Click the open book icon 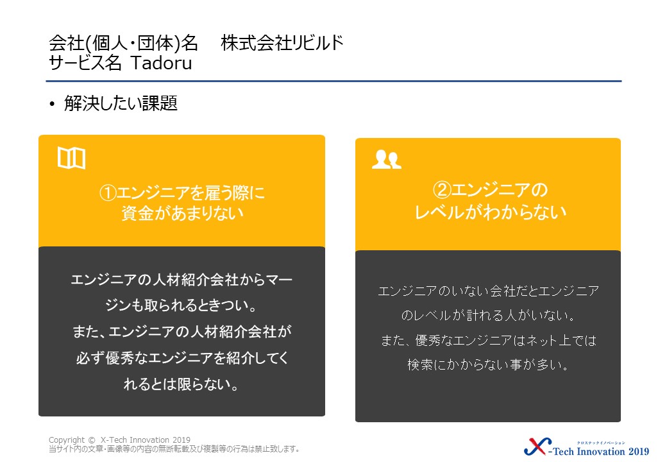point(71,158)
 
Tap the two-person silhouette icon point(387,160)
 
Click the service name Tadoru point(161,64)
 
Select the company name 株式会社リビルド point(282,43)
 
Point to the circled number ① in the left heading point(108,193)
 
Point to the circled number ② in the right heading point(441,190)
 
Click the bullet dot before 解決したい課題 point(52,104)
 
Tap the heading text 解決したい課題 point(121,103)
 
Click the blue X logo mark point(537,447)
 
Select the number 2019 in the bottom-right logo point(639,451)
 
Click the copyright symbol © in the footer point(92,440)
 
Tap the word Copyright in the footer point(67,440)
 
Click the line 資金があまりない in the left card point(183,212)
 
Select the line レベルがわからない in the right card point(491,212)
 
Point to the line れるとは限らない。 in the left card point(182,384)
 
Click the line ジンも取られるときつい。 point(182,305)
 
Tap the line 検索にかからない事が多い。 point(488,364)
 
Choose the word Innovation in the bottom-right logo point(601,451)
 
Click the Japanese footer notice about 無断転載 point(174,449)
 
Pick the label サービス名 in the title point(85,64)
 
